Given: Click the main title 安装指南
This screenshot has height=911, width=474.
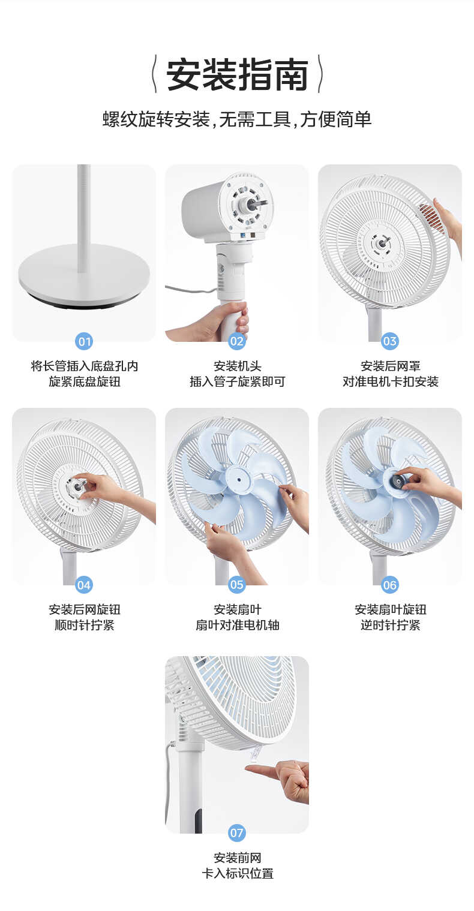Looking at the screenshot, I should click(237, 75).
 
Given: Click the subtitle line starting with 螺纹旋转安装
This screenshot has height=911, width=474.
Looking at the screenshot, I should click(237, 119).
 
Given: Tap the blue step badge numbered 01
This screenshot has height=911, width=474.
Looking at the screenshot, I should click(84, 342).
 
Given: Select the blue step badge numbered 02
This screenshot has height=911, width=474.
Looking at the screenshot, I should click(237, 342).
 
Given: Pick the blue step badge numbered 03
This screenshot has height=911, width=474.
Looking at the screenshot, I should click(390, 342).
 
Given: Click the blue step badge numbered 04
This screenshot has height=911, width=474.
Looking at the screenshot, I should click(84, 585).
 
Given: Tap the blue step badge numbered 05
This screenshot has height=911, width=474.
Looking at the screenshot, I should click(237, 585).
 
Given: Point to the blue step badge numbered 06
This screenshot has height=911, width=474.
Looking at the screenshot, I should click(390, 585).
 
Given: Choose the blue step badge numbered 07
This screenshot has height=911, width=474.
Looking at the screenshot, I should click(237, 833).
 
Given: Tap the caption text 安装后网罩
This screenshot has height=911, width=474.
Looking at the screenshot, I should click(390, 366).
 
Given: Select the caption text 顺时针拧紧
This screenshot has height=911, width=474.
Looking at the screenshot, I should click(84, 626).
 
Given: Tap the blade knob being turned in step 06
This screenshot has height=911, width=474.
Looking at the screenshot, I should click(398, 480).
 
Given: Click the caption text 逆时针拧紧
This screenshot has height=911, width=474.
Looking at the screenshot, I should click(390, 626).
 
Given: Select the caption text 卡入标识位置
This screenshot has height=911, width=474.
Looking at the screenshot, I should click(237, 874).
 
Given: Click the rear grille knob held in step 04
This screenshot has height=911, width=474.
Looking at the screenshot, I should click(77, 486).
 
